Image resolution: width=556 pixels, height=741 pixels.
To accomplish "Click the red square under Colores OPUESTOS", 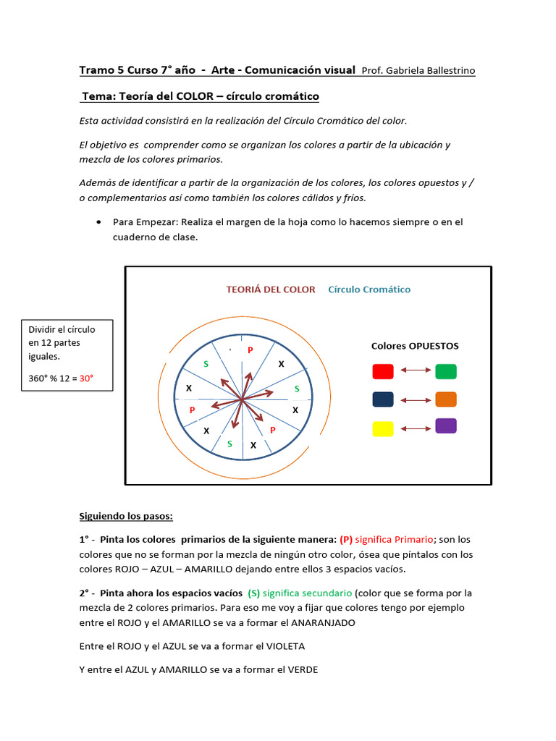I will pyautogui.click(x=383, y=371).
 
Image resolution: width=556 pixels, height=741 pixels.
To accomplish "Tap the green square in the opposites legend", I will pyautogui.click(x=446, y=371).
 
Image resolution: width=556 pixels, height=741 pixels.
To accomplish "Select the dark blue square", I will pyautogui.click(x=383, y=399).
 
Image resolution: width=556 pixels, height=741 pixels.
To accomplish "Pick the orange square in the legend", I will pyautogui.click(x=446, y=399).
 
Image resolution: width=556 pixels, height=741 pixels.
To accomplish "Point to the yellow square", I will pyautogui.click(x=383, y=428).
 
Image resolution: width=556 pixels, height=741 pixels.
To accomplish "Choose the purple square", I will pyautogui.click(x=446, y=426).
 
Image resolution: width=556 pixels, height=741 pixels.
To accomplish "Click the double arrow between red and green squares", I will pyautogui.click(x=415, y=371).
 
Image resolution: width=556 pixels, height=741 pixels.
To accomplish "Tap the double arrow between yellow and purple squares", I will pyautogui.click(x=415, y=428).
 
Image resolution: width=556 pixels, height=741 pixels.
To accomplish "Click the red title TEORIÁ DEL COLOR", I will pyautogui.click(x=271, y=289).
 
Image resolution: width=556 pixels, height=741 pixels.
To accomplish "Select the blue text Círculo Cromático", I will pyautogui.click(x=369, y=289).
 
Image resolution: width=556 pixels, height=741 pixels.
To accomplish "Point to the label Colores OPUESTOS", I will pyautogui.click(x=415, y=346).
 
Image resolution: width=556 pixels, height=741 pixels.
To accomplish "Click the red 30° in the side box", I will pyautogui.click(x=87, y=378).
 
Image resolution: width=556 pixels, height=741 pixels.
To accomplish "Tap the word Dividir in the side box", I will pyautogui.click(x=43, y=329).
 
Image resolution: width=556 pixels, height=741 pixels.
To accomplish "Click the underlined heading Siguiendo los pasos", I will pyautogui.click(x=126, y=517).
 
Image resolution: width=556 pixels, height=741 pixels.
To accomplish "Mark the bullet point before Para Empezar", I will pyautogui.click(x=98, y=222).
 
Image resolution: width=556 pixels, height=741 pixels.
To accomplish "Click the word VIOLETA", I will pyautogui.click(x=284, y=645).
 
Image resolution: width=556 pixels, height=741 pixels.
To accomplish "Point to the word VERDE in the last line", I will pyautogui.click(x=303, y=669).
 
